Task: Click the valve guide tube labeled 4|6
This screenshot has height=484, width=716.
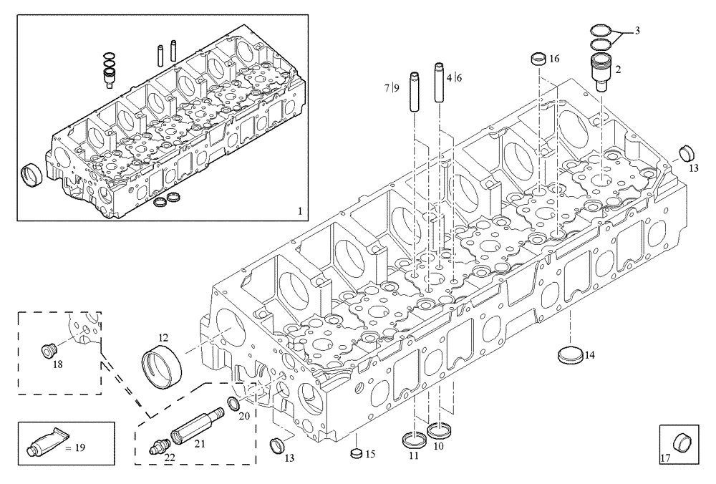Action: [438, 85]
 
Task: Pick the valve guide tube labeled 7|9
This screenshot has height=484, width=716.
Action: [414, 90]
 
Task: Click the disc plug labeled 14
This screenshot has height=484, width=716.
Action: [570, 354]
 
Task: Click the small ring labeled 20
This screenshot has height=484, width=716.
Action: [233, 405]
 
